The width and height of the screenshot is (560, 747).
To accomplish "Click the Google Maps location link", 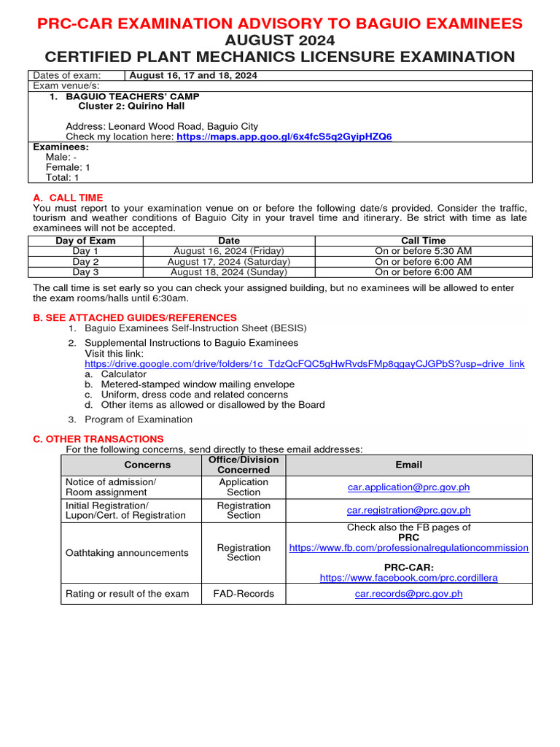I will coord(284,136).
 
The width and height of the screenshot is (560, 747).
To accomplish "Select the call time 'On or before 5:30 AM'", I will coord(423,251).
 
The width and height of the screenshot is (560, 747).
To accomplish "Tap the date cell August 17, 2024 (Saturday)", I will coord(229,261).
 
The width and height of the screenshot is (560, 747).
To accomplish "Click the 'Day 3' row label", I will coord(85,272).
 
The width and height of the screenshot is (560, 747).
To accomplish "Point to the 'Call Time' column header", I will coord(423,241).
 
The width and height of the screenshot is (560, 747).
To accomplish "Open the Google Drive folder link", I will coord(304,363).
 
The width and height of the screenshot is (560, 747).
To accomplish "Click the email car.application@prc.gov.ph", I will coord(408,487).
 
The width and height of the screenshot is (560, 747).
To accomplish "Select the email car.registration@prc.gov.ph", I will coord(408,510).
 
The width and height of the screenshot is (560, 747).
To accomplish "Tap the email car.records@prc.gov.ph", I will coord(408,594).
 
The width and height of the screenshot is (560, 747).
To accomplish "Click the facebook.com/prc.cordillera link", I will coord(408,577).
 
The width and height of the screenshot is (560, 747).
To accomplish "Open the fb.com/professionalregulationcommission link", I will coord(408,547).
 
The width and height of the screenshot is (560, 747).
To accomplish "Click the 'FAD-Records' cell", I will coord(244,594).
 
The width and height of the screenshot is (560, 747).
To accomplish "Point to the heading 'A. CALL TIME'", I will coord(69,198).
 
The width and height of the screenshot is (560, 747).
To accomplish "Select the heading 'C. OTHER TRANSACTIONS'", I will coord(98,438).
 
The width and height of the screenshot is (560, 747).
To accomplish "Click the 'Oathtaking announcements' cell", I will coord(127,553).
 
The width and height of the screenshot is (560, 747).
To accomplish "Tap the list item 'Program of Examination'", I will coord(139,419).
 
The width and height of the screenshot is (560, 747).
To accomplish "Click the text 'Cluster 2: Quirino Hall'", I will coord(131,107).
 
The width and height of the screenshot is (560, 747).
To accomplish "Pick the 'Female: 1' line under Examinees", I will coord(68,167).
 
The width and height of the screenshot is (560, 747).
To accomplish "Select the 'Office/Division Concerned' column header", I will coord(244,465).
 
